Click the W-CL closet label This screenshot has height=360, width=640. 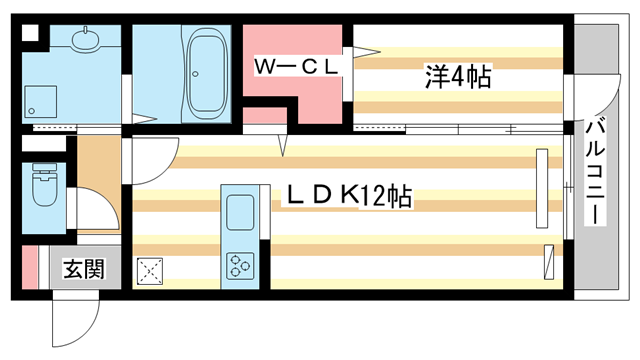pos(298,66)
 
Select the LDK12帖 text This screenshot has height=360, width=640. pos(350,196)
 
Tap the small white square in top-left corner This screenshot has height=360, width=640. pos(29,31)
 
